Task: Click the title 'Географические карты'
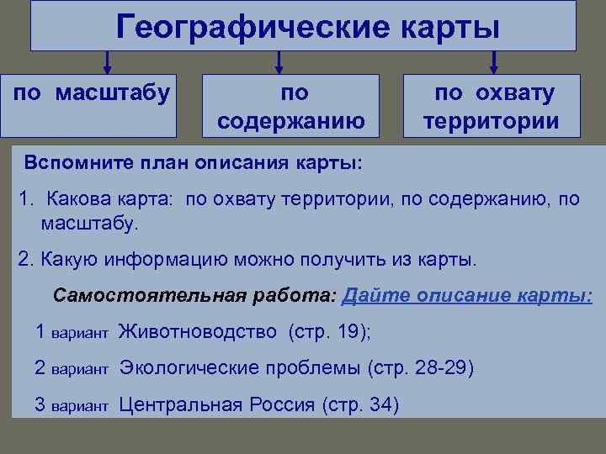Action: coord(308,27)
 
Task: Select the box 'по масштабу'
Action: coord(92,105)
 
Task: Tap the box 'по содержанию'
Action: coord(291,106)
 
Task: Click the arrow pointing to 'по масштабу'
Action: coord(107,62)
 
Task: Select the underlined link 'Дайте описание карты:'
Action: coord(469,296)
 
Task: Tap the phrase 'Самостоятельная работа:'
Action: coord(194,296)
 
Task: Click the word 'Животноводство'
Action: coord(198,332)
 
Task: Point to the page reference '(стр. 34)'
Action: coord(361,404)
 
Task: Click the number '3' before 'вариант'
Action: coord(40,404)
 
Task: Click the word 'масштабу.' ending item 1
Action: coord(88,224)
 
